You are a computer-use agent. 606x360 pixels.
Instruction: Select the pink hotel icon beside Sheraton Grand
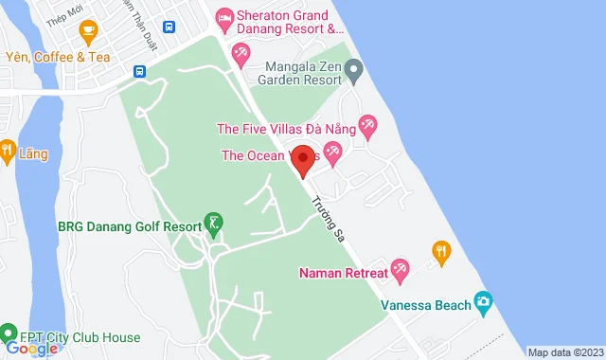224,16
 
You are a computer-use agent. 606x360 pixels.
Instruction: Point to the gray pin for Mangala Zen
354,68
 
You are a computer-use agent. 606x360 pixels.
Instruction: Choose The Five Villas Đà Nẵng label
287,129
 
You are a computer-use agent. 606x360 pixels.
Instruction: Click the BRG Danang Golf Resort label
129,226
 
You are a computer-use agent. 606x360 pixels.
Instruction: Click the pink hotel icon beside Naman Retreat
401,269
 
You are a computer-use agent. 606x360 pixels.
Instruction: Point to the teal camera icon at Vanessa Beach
484,302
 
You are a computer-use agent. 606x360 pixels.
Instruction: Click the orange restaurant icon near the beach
440,251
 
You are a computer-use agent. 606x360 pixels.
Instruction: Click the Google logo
30,349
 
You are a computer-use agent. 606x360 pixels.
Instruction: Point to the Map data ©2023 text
564,352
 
